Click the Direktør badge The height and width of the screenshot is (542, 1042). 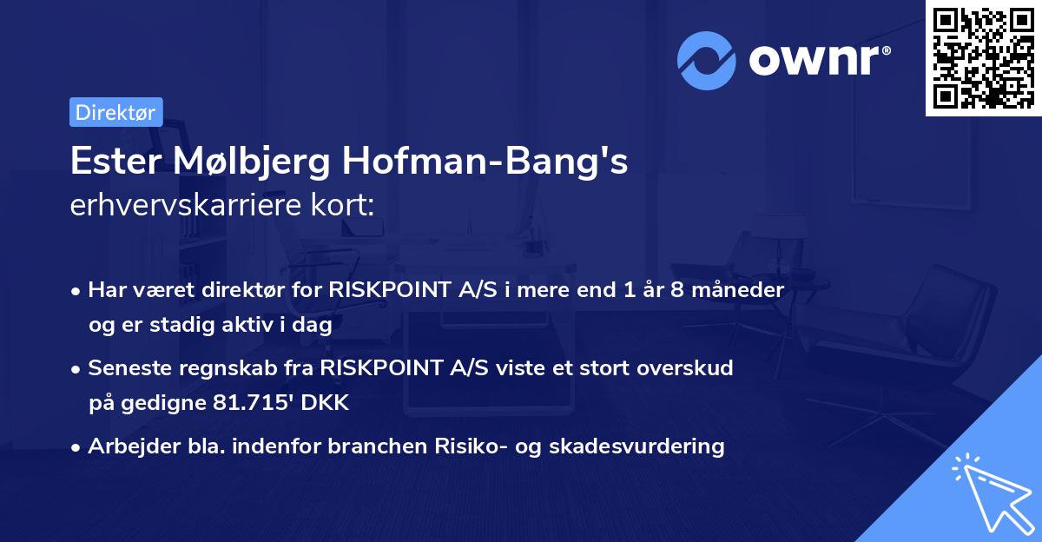click(115, 112)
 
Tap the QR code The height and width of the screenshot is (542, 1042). click(983, 57)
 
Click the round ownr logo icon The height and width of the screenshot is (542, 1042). click(706, 60)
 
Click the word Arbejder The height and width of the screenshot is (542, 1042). click(126, 446)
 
